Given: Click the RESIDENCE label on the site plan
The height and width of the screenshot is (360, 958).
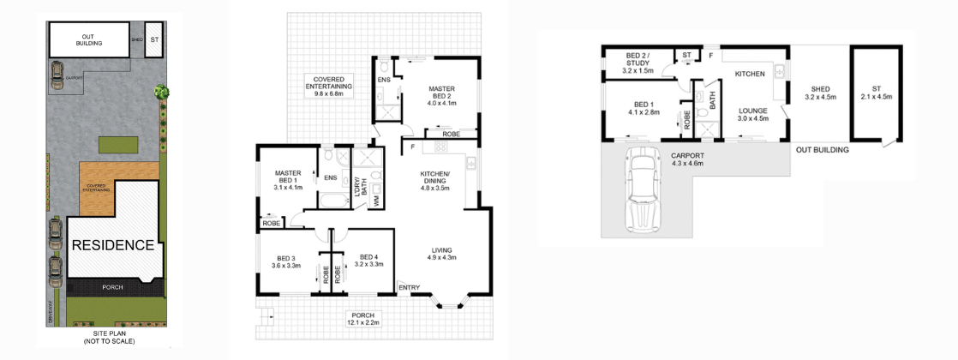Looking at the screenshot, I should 111,245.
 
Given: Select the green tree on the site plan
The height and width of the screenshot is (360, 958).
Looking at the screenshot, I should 160,92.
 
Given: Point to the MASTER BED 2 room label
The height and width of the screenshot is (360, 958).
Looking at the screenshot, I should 442,95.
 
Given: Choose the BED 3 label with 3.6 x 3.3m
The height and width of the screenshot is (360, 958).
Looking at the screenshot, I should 285,261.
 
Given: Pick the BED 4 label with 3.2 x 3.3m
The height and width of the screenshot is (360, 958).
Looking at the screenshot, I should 368,261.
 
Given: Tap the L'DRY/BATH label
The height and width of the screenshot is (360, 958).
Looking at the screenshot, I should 360,187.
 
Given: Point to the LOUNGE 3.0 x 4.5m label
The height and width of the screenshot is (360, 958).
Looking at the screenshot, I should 752,114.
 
